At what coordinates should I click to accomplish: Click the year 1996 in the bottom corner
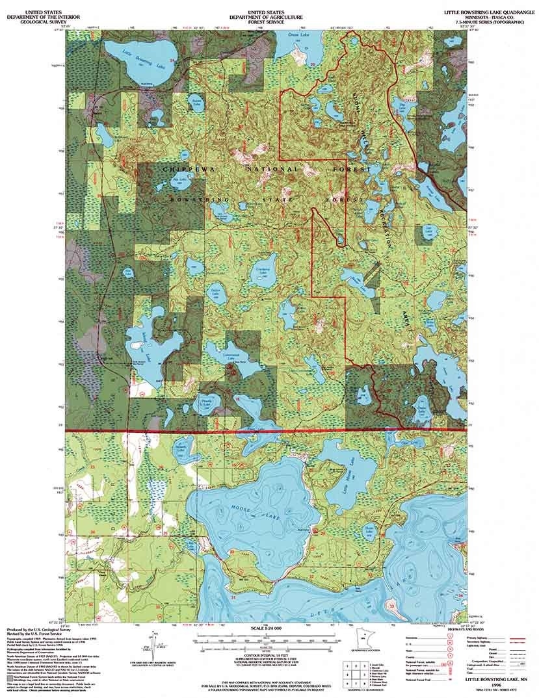point(501,684)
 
